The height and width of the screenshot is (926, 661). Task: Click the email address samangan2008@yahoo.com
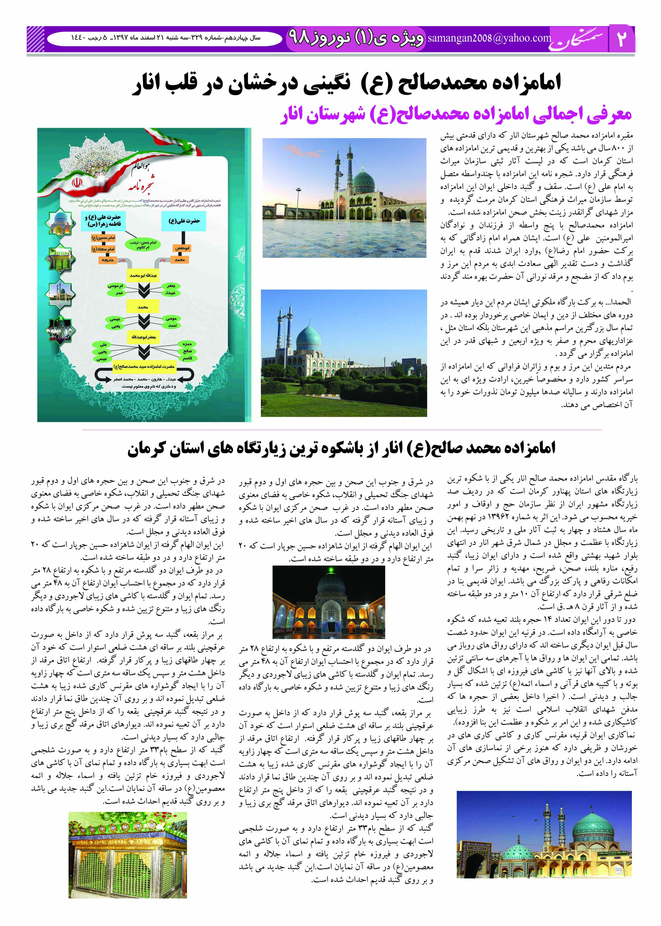489,38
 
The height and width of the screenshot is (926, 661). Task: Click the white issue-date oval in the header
164,38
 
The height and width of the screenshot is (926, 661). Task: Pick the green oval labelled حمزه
187,344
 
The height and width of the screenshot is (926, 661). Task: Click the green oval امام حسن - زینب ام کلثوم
143,244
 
